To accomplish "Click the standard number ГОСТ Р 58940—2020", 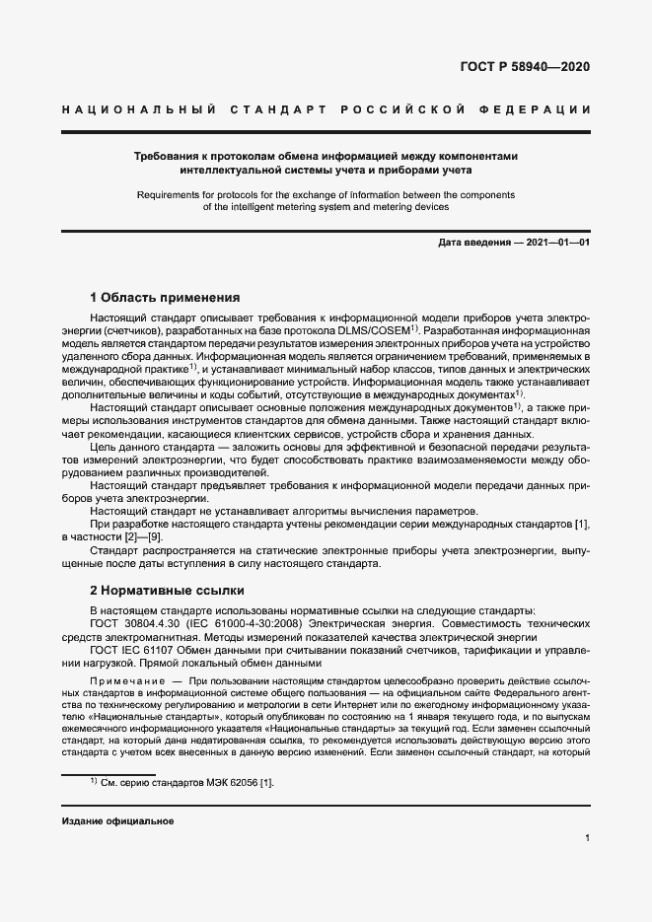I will point(526,67).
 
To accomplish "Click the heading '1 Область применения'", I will point(165,297).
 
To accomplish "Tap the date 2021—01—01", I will point(557,243).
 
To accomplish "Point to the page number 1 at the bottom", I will point(587,838).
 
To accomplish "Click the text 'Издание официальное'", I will point(117,821).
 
